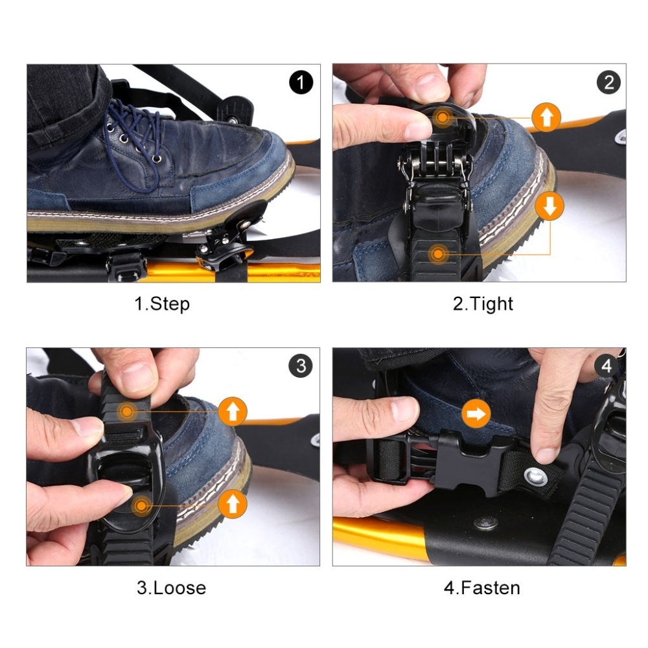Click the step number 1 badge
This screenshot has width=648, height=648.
(x=301, y=82)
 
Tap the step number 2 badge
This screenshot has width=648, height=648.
(x=608, y=82)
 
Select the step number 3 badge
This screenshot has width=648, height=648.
(x=301, y=365)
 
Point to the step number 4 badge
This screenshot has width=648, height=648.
(x=607, y=365)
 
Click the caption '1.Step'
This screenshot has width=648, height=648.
(x=162, y=304)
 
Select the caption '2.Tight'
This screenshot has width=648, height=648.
(x=483, y=304)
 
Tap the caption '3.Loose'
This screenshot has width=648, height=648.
(x=171, y=588)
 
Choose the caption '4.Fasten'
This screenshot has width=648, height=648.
(x=482, y=588)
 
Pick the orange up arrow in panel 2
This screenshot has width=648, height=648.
(x=546, y=117)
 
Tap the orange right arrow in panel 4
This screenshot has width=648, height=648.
(x=476, y=413)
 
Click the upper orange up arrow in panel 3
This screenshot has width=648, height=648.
(x=233, y=411)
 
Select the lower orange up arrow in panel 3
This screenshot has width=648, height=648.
(x=233, y=503)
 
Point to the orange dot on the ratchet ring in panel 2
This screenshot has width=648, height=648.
(x=442, y=117)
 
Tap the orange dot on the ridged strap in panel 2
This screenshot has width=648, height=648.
(x=437, y=253)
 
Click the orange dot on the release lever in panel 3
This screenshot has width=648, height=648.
(x=141, y=506)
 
